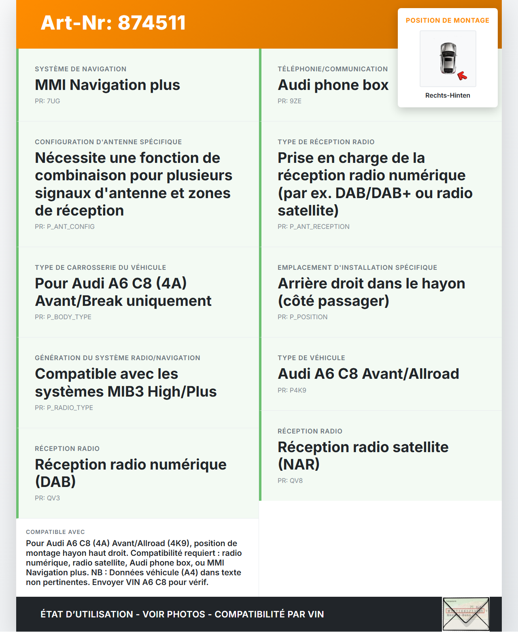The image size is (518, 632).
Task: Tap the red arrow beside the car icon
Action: pyautogui.click(x=462, y=76)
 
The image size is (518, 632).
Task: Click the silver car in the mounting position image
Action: pyautogui.click(x=448, y=58)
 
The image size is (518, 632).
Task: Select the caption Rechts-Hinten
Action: pyautogui.click(x=448, y=95)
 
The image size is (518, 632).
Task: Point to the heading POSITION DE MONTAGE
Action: pyautogui.click(x=448, y=20)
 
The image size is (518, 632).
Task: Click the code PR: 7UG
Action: pyautogui.click(x=47, y=101)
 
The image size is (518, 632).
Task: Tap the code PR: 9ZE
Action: pyautogui.click(x=289, y=101)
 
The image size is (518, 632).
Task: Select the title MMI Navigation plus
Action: pyautogui.click(x=107, y=85)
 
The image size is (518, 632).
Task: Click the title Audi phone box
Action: pyautogui.click(x=333, y=85)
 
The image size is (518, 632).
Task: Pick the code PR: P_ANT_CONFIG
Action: pyautogui.click(x=65, y=226)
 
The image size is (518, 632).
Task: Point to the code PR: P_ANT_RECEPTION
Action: pyautogui.click(x=313, y=226)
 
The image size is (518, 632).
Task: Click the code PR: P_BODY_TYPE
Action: pyautogui.click(x=63, y=317)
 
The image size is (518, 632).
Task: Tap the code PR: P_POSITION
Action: pyautogui.click(x=302, y=317)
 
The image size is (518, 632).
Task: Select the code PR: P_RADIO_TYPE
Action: pyautogui.click(x=64, y=408)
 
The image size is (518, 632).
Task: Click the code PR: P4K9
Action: pyautogui.click(x=292, y=390)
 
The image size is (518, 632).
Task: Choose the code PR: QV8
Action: pyautogui.click(x=290, y=480)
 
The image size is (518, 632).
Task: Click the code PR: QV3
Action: pyautogui.click(x=47, y=498)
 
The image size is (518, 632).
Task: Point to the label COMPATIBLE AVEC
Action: pyautogui.click(x=55, y=532)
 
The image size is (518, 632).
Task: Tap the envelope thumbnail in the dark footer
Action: pyautogui.click(x=466, y=614)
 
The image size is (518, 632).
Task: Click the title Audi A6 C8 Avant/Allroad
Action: pyautogui.click(x=368, y=374)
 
